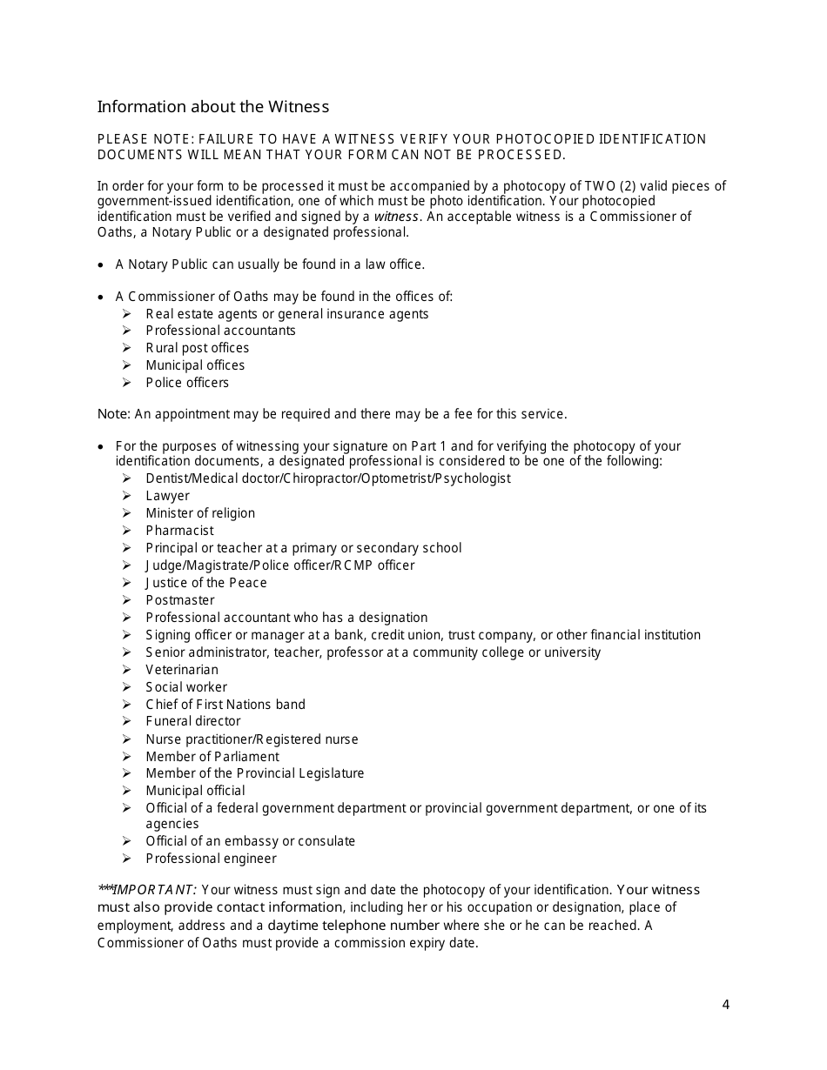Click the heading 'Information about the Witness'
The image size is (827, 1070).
click(x=213, y=107)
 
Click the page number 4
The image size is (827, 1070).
click(x=725, y=1006)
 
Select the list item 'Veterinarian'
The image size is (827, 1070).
click(x=182, y=670)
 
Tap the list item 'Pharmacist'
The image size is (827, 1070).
click(x=179, y=531)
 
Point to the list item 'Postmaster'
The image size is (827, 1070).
click(x=180, y=600)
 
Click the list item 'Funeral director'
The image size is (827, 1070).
click(x=193, y=721)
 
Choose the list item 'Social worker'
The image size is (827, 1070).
click(x=186, y=687)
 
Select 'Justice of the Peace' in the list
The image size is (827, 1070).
click(x=206, y=583)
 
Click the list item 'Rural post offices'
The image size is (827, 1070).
click(x=198, y=348)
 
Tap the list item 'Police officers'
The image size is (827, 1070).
click(x=187, y=383)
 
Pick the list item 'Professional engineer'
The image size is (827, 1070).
click(x=211, y=859)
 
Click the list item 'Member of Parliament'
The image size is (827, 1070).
click(x=212, y=757)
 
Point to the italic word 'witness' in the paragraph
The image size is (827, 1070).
click(x=397, y=217)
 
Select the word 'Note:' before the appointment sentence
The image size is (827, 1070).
click(x=113, y=414)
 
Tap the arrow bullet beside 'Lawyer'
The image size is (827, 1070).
click(x=127, y=496)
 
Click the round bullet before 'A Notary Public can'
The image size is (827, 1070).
click(x=103, y=264)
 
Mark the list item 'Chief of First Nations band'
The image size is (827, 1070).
click(x=225, y=705)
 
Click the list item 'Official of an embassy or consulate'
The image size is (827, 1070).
click(x=251, y=841)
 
